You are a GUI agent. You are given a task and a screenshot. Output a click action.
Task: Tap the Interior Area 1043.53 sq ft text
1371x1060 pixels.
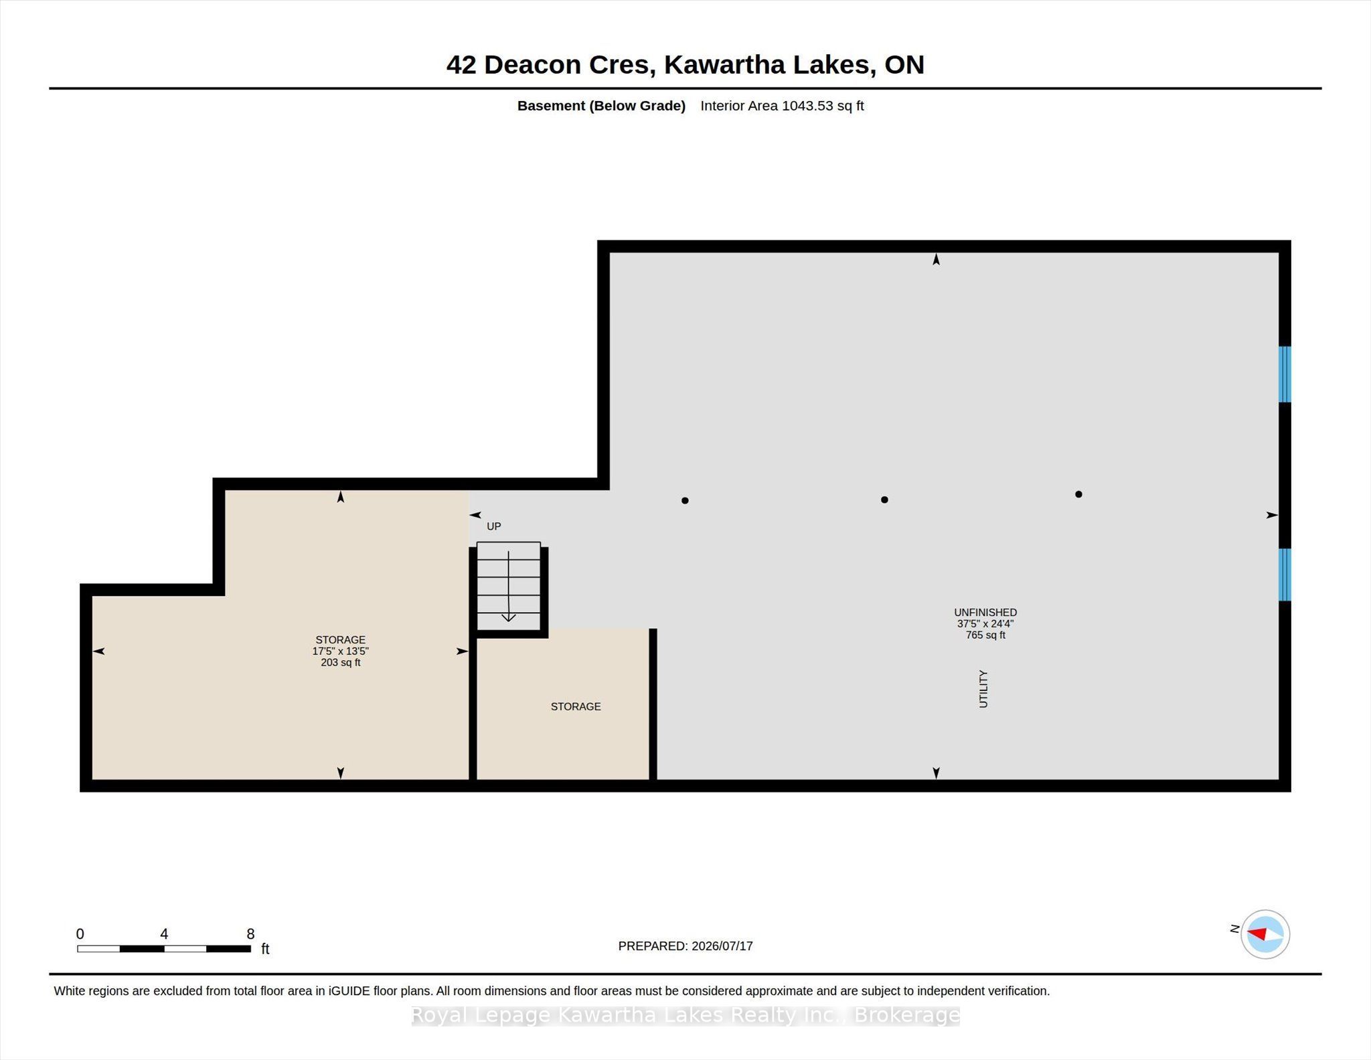coord(782,106)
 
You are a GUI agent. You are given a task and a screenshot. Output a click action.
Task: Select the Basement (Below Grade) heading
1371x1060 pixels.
coord(601,106)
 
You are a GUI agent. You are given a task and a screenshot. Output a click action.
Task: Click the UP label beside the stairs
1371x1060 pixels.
coord(494,526)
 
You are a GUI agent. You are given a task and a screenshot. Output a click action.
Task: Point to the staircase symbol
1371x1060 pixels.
coord(509,587)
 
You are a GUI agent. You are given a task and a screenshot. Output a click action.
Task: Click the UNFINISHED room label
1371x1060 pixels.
coord(985,612)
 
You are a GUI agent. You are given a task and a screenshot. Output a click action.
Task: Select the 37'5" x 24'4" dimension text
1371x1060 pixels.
coord(985,623)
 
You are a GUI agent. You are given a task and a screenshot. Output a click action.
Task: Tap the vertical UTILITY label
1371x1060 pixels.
coord(983,688)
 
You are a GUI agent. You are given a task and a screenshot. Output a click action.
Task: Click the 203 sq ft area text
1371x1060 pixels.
coord(341,662)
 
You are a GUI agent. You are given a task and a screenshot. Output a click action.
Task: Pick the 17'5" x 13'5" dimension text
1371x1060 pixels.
coord(341,651)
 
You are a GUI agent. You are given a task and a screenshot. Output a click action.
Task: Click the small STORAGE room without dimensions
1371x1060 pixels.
coord(576,706)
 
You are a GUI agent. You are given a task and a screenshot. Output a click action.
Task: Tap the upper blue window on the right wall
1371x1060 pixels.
coord(1285,374)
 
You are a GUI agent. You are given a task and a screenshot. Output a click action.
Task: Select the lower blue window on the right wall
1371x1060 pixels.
coord(1285,575)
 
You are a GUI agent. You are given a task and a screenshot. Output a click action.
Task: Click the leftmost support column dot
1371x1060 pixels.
coord(685,500)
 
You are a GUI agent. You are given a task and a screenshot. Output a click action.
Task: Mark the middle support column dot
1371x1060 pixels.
coord(884,500)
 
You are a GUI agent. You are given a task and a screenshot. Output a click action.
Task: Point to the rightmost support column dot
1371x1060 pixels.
coord(1078,494)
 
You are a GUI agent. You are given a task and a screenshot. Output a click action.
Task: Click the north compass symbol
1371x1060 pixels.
coord(1265,934)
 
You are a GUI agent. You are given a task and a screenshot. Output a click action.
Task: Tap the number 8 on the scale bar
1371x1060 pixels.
coord(250,934)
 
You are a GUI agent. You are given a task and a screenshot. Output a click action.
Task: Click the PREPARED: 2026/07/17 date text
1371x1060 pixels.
coord(685,946)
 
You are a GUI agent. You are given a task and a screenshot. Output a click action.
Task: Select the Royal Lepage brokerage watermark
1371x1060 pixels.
coord(685,1016)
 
